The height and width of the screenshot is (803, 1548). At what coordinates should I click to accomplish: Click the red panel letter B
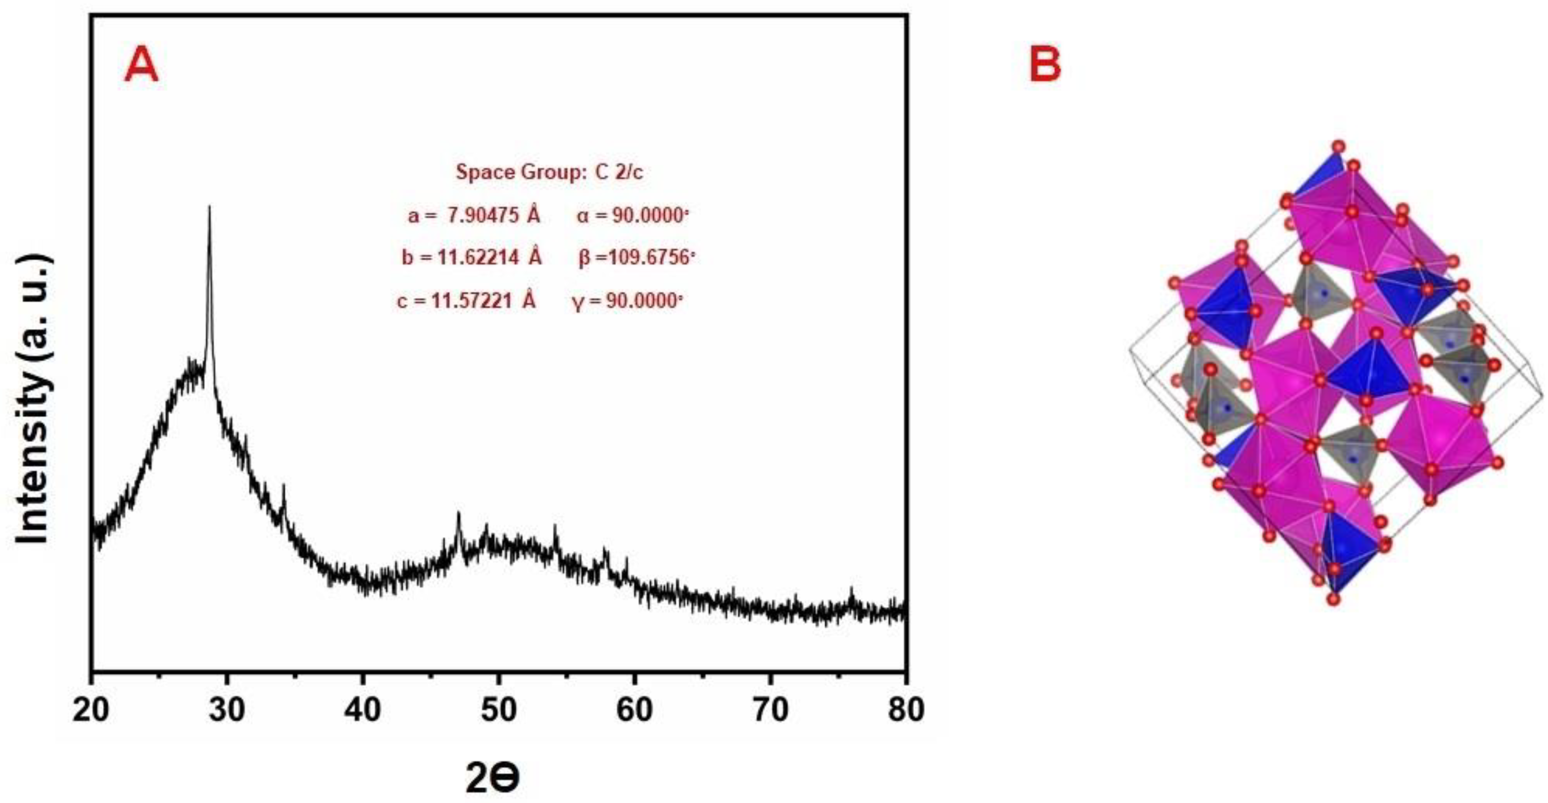pos(1045,65)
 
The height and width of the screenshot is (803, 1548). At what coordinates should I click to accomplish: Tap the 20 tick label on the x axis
pos(92,710)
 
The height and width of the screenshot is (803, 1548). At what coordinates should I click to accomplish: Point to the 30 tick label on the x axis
pos(227,710)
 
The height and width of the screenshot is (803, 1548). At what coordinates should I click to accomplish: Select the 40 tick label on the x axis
pos(363,710)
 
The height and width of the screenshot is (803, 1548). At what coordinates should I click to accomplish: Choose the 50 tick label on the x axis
pos(499,710)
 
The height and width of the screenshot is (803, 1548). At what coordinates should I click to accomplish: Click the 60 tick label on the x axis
pos(634,710)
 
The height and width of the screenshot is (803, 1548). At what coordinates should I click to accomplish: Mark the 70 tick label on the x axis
pos(771,710)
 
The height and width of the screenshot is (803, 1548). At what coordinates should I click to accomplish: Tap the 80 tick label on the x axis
pos(906,710)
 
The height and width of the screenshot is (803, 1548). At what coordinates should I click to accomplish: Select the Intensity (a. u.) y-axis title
pos(33,399)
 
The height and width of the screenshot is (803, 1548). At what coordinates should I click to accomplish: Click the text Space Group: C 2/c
pos(549,172)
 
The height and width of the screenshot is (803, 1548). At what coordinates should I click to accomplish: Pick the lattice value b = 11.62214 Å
pos(472,258)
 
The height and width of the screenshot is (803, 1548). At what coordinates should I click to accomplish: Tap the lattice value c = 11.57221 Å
pos(466,300)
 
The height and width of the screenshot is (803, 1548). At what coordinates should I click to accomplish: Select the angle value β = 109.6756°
pos(636,258)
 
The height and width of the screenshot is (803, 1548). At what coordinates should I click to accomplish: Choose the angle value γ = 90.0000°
pos(628,300)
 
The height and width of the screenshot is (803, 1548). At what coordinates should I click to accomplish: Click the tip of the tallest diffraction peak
pos(209,207)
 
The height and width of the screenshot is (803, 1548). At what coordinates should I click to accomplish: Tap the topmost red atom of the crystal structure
pos(1338,146)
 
